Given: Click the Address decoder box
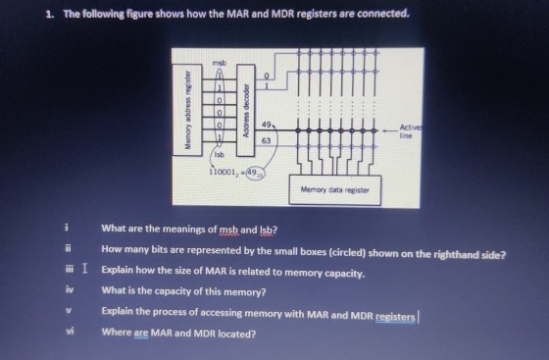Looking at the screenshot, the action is (248, 107).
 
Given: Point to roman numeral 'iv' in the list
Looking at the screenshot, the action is (68, 290).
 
